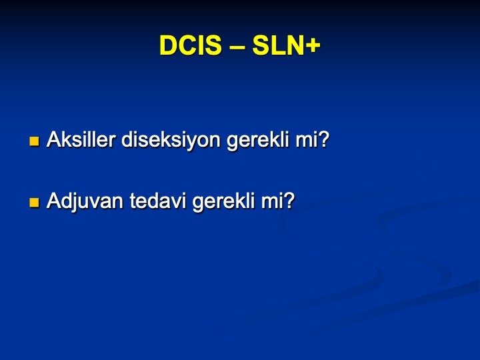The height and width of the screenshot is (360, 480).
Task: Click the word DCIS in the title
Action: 190,45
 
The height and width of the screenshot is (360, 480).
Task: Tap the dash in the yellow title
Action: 237,47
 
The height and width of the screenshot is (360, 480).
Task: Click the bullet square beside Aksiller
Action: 34,141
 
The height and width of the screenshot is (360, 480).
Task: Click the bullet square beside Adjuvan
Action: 34,203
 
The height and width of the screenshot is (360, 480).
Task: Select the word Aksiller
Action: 81,139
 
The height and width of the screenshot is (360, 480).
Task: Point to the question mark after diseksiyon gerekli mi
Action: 322,139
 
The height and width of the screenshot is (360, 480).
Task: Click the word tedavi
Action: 158,201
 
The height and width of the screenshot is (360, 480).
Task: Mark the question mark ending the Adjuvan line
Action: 288,201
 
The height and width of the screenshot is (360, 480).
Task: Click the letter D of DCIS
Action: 169,45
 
